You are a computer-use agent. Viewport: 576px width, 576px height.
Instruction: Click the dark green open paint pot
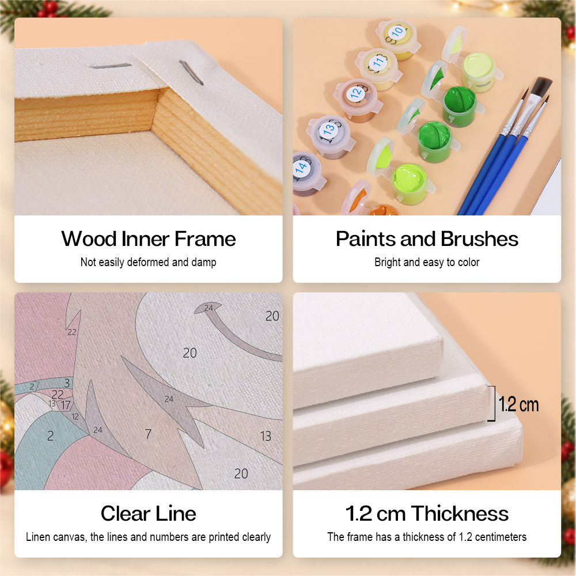click(x=460, y=106)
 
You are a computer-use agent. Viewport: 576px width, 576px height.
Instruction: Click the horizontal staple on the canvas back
click(x=111, y=66)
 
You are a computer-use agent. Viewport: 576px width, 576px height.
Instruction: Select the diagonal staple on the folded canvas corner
click(x=191, y=73)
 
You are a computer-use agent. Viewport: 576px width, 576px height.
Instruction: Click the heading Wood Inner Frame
click(x=149, y=239)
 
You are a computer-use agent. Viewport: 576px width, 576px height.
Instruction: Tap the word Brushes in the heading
click(x=479, y=239)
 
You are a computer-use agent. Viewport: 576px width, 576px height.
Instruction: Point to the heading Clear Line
click(x=149, y=513)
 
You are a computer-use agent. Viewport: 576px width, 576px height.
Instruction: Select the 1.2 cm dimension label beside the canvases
click(x=518, y=404)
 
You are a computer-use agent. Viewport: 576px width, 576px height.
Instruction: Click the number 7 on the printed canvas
click(x=148, y=434)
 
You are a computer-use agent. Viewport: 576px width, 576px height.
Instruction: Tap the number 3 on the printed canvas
click(x=67, y=383)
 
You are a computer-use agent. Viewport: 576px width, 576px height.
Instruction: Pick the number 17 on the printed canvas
click(x=66, y=405)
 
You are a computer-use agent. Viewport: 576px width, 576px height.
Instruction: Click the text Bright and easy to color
click(x=427, y=262)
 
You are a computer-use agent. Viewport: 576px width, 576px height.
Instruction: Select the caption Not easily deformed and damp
click(x=149, y=262)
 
